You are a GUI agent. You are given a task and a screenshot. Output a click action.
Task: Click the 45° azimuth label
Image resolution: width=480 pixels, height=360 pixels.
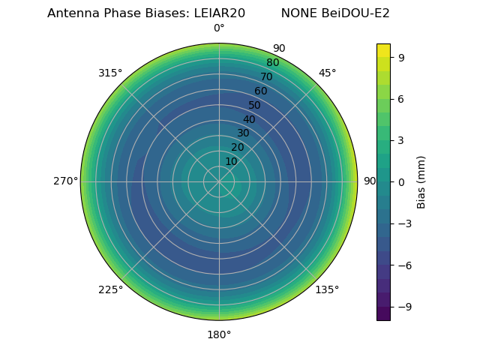pyautogui.click(x=327, y=73)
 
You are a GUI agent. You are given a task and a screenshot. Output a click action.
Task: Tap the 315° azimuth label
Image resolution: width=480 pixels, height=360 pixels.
pyautogui.click(x=110, y=73)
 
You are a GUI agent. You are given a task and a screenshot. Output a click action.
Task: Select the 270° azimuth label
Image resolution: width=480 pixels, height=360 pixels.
pyautogui.click(x=66, y=181)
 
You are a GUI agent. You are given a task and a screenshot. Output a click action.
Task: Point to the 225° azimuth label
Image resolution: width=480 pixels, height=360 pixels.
pyautogui.click(x=110, y=290)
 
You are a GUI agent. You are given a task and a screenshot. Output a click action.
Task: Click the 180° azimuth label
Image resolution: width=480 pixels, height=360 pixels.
pyautogui.click(x=219, y=334)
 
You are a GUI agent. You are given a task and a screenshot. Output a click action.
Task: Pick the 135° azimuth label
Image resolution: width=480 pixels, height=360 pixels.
pyautogui.click(x=327, y=290)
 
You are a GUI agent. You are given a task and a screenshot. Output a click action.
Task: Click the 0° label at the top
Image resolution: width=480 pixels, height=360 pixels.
pyautogui.click(x=219, y=28)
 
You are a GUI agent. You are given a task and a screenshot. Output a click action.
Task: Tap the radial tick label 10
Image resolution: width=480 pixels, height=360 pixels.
pyautogui.click(x=231, y=161)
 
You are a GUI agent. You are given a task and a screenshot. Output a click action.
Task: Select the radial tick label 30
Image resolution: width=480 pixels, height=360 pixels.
pyautogui.click(x=243, y=133)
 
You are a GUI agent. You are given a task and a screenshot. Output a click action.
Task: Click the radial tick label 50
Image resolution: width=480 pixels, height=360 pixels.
pyautogui.click(x=255, y=106)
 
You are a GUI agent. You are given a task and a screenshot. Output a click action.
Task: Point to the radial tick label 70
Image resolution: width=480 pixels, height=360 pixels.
pyautogui.click(x=266, y=77)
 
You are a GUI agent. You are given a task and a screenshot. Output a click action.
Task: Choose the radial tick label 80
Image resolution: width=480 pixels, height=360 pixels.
pyautogui.click(x=272, y=63)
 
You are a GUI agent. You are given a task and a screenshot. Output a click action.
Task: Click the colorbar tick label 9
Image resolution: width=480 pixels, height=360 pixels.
pyautogui.click(x=401, y=56)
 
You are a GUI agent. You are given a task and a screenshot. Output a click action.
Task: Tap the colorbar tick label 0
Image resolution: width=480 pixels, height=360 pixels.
pyautogui.click(x=401, y=181)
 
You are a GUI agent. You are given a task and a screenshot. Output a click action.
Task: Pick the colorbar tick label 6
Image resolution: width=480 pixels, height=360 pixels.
pyautogui.click(x=401, y=98)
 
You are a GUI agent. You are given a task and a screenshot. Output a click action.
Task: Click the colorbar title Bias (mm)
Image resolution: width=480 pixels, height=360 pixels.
pyautogui.click(x=421, y=181)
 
